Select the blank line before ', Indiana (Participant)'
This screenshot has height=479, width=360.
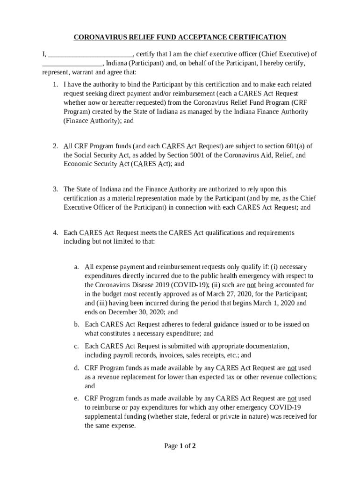(72, 64)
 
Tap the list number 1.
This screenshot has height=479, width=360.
(55, 85)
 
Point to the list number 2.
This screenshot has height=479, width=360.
(55, 146)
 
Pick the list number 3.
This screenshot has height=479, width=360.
(55, 189)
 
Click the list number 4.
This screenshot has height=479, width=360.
(55, 233)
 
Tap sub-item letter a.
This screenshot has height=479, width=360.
(76, 267)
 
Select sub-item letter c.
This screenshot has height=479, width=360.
(76, 347)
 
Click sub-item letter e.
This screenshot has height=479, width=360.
(76, 399)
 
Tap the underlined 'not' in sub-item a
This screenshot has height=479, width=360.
(251, 285)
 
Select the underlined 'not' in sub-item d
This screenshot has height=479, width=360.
(292, 368)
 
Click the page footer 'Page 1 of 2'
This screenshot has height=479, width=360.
(180, 446)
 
